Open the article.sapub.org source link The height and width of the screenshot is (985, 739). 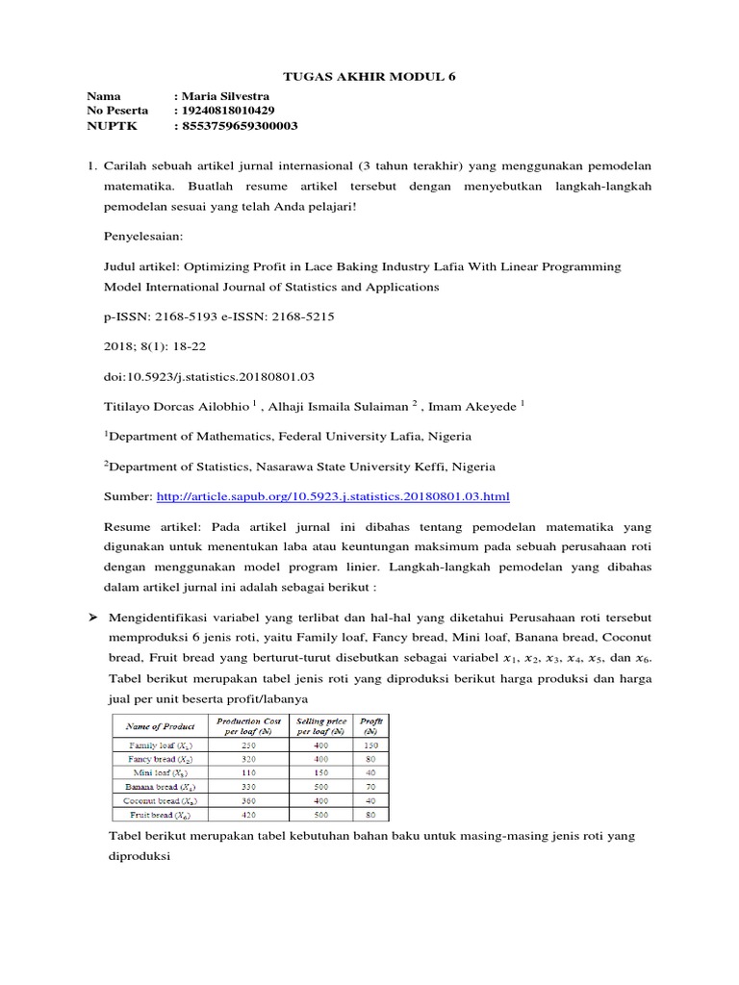coord(332,495)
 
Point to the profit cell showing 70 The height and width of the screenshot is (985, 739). coord(370,786)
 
